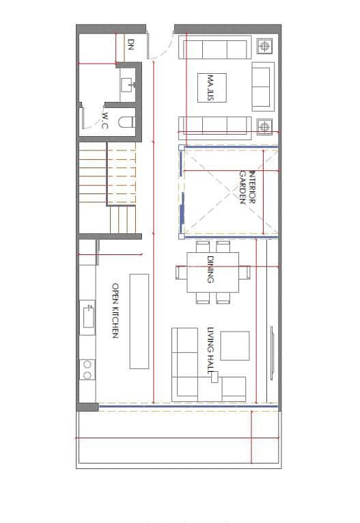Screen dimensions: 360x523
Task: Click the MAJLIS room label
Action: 210,88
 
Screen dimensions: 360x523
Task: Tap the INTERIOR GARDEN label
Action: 247,187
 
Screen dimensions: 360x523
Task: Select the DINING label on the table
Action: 210,269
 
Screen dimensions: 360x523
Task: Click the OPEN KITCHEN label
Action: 115,310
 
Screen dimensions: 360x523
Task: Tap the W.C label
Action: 105,120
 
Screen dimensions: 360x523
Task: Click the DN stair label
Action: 131,44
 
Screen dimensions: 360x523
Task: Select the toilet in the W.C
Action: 126,122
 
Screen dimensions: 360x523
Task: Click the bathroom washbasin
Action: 127,85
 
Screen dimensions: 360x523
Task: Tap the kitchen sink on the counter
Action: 88,317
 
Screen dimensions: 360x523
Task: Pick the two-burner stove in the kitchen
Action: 87,370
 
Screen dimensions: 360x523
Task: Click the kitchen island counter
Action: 139,321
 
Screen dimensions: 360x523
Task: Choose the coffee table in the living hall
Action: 235,346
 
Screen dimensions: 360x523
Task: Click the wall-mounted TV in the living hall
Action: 273,353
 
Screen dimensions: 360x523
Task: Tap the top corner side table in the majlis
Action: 264,46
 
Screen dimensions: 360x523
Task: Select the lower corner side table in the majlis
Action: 264,126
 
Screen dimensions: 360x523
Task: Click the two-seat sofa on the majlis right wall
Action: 262,87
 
